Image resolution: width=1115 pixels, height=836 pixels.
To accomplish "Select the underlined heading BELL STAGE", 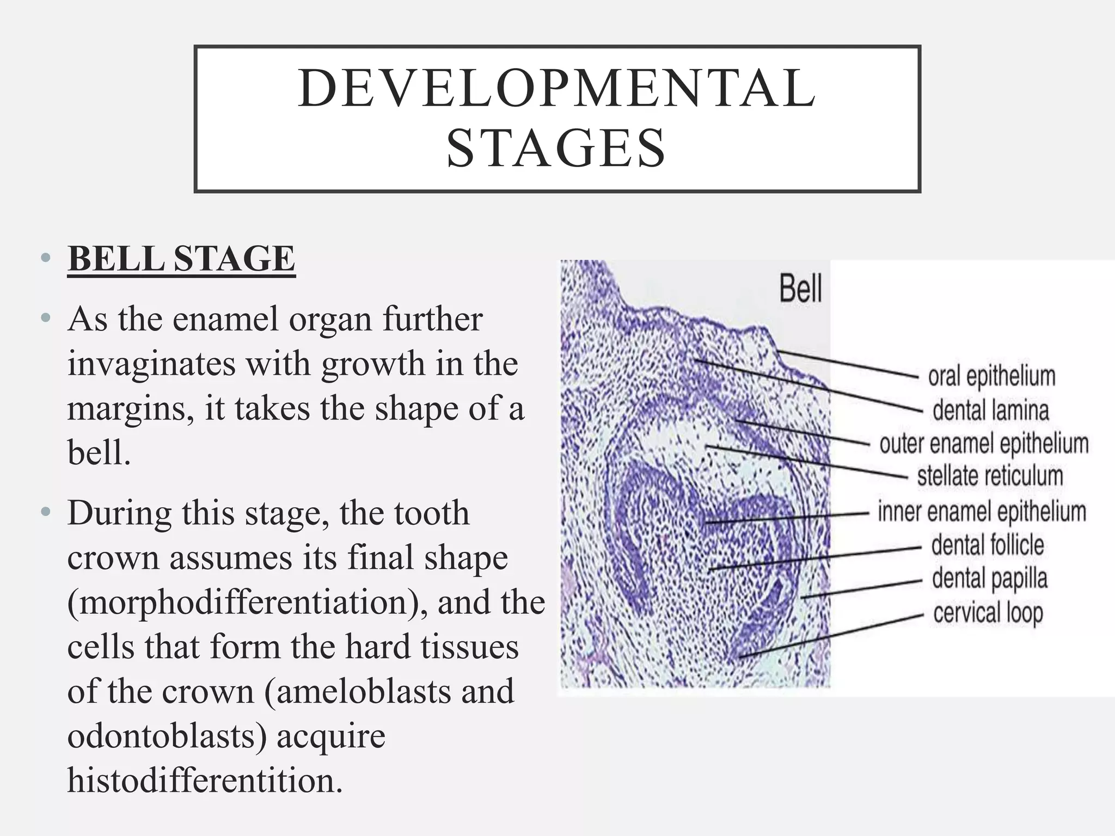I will [181, 259].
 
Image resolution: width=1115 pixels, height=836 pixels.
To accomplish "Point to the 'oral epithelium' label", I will [991, 377].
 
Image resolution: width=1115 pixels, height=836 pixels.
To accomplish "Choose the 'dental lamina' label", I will [990, 410].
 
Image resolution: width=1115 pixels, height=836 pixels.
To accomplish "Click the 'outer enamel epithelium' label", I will [984, 444].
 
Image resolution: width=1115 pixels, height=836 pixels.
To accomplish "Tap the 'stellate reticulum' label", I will [990, 476].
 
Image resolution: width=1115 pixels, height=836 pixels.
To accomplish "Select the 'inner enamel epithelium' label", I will [982, 512].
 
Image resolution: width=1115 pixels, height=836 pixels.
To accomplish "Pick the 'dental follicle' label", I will [988, 545].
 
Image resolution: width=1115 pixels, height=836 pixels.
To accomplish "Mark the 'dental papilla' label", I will [990, 579].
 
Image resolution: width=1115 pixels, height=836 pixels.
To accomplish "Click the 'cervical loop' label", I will [988, 613].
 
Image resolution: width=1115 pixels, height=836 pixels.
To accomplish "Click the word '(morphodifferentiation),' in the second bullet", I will [244, 603].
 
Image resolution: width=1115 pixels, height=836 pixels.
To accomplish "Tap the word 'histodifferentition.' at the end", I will [205, 780].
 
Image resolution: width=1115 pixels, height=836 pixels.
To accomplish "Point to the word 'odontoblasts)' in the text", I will [168, 736].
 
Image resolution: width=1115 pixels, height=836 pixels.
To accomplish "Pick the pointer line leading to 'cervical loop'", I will [833, 636].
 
